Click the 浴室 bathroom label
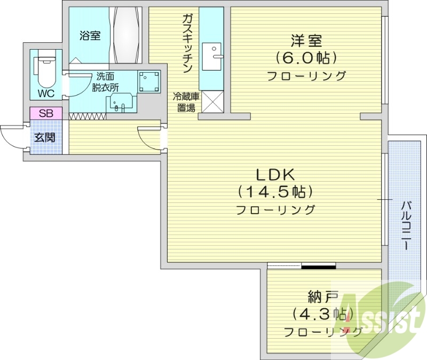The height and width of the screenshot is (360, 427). coord(90,36)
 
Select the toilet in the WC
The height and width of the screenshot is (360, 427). coord(45,69)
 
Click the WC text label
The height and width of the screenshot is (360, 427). coord(45,92)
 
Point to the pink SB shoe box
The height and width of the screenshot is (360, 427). coord(45,113)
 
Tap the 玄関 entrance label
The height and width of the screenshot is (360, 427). coord(45,137)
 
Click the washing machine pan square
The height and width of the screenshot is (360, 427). coord(149,81)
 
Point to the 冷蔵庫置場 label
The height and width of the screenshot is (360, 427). coord(186,102)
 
